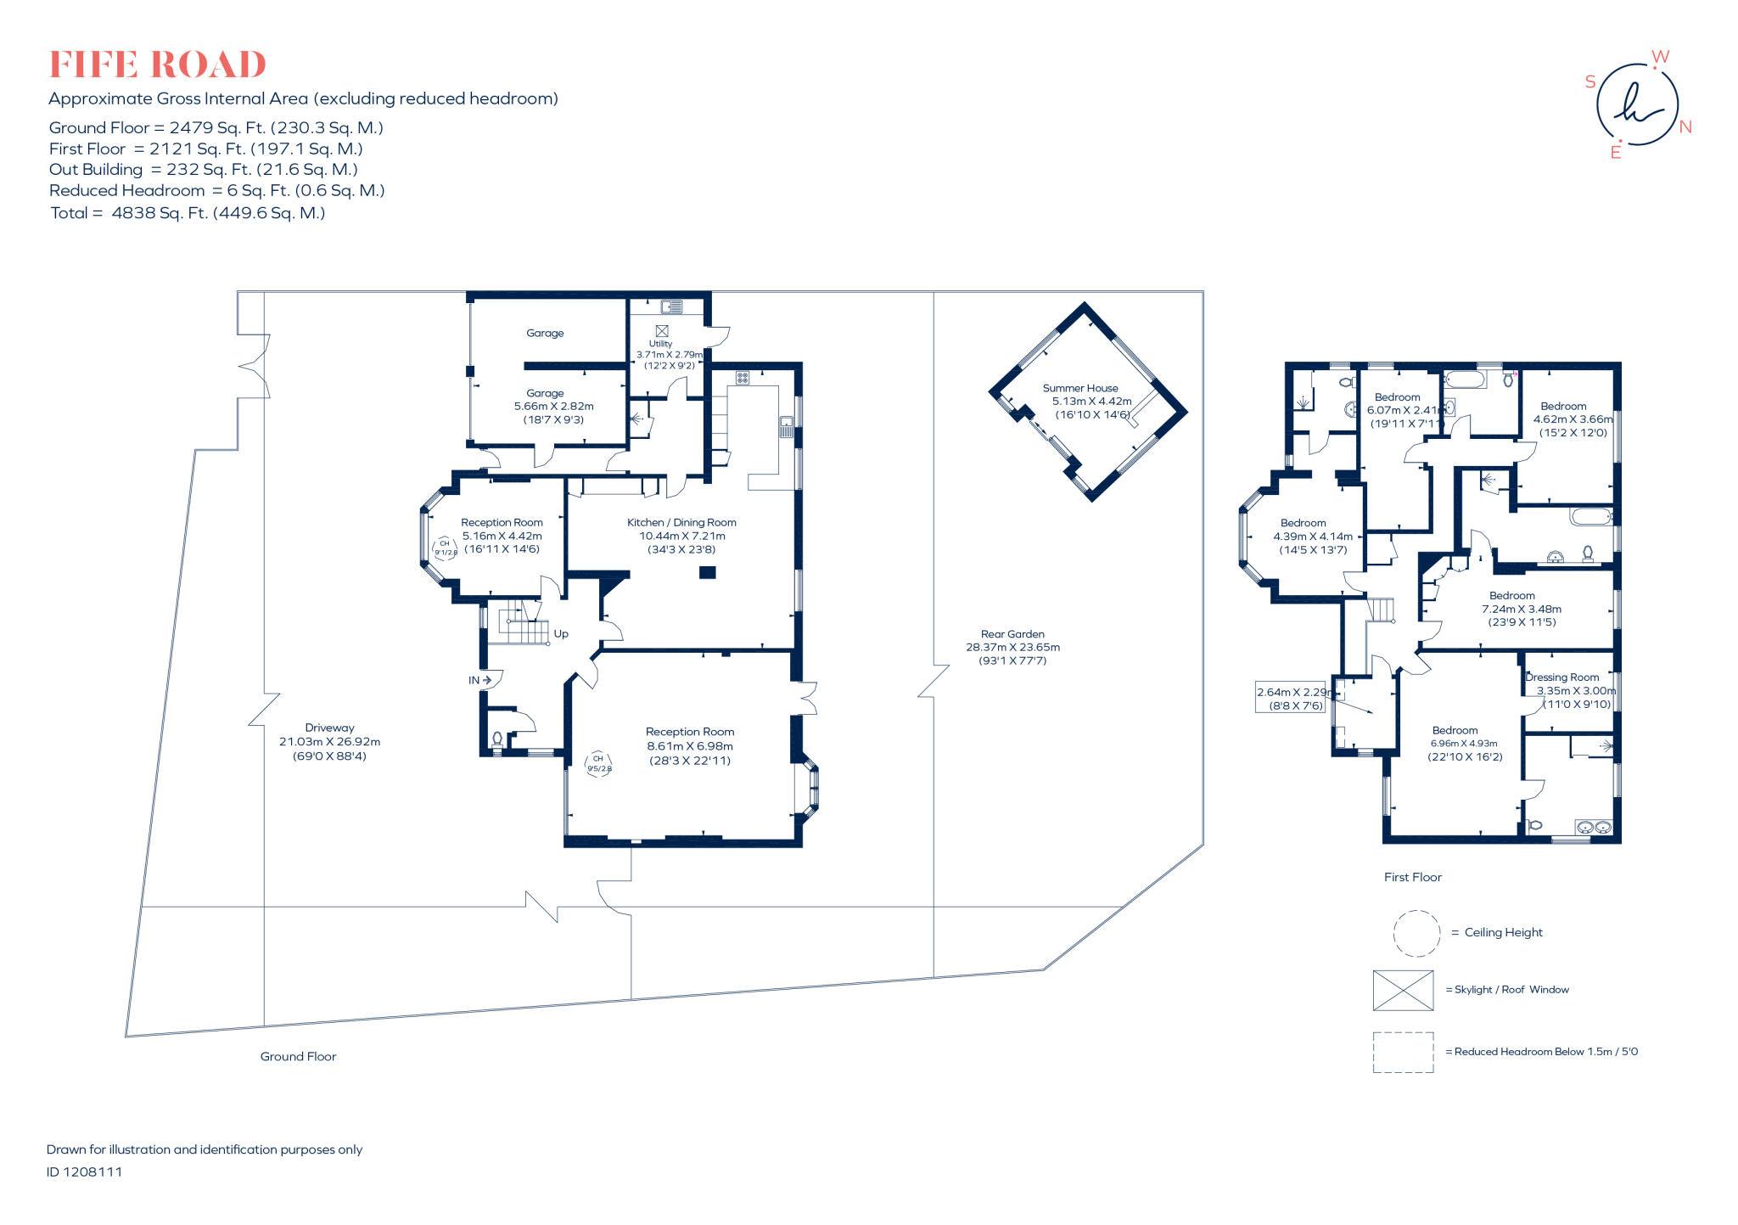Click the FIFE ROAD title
tap(158, 65)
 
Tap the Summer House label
tap(1079, 388)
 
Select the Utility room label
tap(660, 344)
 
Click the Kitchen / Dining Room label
tap(681, 523)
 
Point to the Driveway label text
tap(329, 728)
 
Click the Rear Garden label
tap(1012, 634)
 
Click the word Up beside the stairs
tap(561, 634)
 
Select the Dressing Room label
tap(1561, 677)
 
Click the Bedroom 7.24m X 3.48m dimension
tap(1522, 609)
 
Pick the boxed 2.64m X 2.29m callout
tap(1290, 698)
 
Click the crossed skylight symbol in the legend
tap(1403, 991)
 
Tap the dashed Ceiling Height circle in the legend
tap(1416, 933)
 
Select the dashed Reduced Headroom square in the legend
tap(1403, 1052)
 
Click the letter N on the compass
tap(1685, 127)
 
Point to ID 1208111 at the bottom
tap(84, 1172)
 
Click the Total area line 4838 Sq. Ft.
tap(188, 213)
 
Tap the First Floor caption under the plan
tap(1412, 877)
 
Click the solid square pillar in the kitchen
tap(707, 573)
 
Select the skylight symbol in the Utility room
tap(662, 331)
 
